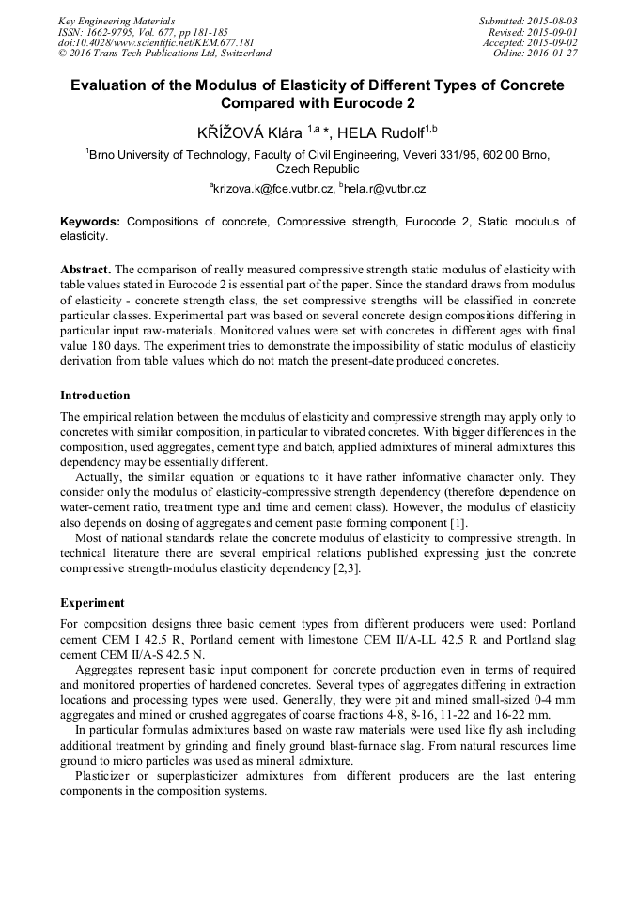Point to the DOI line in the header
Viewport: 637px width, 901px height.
click(156, 42)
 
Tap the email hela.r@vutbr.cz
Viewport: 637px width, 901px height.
click(385, 189)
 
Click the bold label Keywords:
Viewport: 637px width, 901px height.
click(90, 222)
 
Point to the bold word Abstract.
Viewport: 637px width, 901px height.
click(85, 268)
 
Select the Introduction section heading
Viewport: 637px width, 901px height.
click(95, 396)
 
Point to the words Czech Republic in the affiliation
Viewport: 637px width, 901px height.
click(318, 169)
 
